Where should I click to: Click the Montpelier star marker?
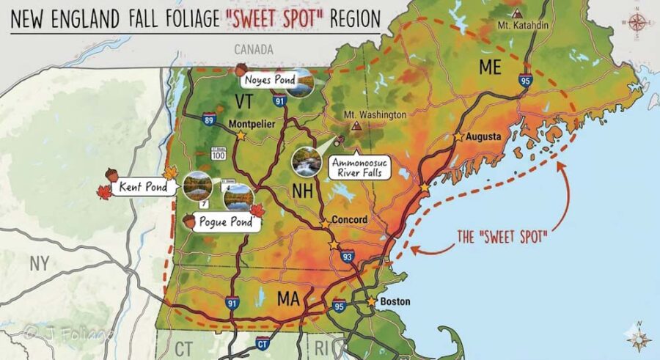(241, 136)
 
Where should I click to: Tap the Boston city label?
(395, 301)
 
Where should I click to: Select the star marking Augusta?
(458, 137)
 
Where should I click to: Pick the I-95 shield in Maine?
(525, 81)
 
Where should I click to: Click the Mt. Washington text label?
(375, 115)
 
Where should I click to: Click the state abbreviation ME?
(490, 67)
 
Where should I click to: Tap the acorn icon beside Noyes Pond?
(242, 69)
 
